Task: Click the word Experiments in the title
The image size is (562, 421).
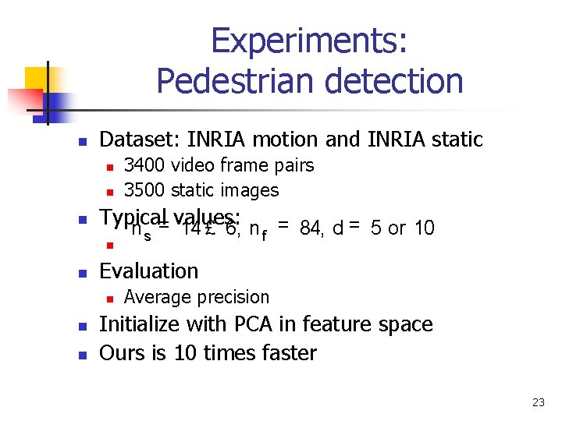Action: coord(309,41)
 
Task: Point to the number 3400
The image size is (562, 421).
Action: coord(144,165)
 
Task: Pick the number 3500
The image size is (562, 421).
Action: coord(144,190)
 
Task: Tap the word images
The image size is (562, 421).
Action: coord(251,190)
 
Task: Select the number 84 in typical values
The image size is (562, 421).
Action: coord(311,228)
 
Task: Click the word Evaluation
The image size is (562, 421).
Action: coord(149,271)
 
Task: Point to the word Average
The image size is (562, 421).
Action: coord(156,297)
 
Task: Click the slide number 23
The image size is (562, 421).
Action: coord(538,402)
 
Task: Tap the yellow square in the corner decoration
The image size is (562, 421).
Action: coord(36,78)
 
